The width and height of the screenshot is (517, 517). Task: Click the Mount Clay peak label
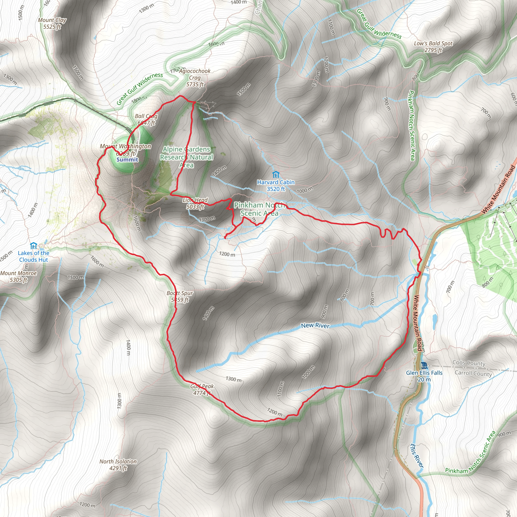[x=52, y=23]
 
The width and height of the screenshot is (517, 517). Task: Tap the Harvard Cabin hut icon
[x=276, y=175]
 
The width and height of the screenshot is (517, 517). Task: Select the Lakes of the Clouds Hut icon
[x=34, y=245]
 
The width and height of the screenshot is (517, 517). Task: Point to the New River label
[x=315, y=326]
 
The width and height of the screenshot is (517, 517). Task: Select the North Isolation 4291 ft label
[x=118, y=465]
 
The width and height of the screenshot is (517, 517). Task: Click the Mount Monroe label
[x=18, y=276]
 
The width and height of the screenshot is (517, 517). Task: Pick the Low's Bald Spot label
[x=433, y=46]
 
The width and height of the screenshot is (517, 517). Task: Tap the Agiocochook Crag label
[x=195, y=77]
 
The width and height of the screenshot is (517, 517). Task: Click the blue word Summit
[x=127, y=160]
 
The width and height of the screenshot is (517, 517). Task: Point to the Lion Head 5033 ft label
[x=195, y=203]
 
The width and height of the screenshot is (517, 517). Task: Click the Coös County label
[x=469, y=363]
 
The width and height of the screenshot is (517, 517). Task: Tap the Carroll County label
[x=473, y=374]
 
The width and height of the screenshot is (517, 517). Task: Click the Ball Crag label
[x=146, y=119]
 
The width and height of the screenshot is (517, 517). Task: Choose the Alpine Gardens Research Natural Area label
[x=187, y=157]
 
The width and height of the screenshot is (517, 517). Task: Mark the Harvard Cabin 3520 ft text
[x=276, y=186]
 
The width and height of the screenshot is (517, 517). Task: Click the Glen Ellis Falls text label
[x=424, y=376]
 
